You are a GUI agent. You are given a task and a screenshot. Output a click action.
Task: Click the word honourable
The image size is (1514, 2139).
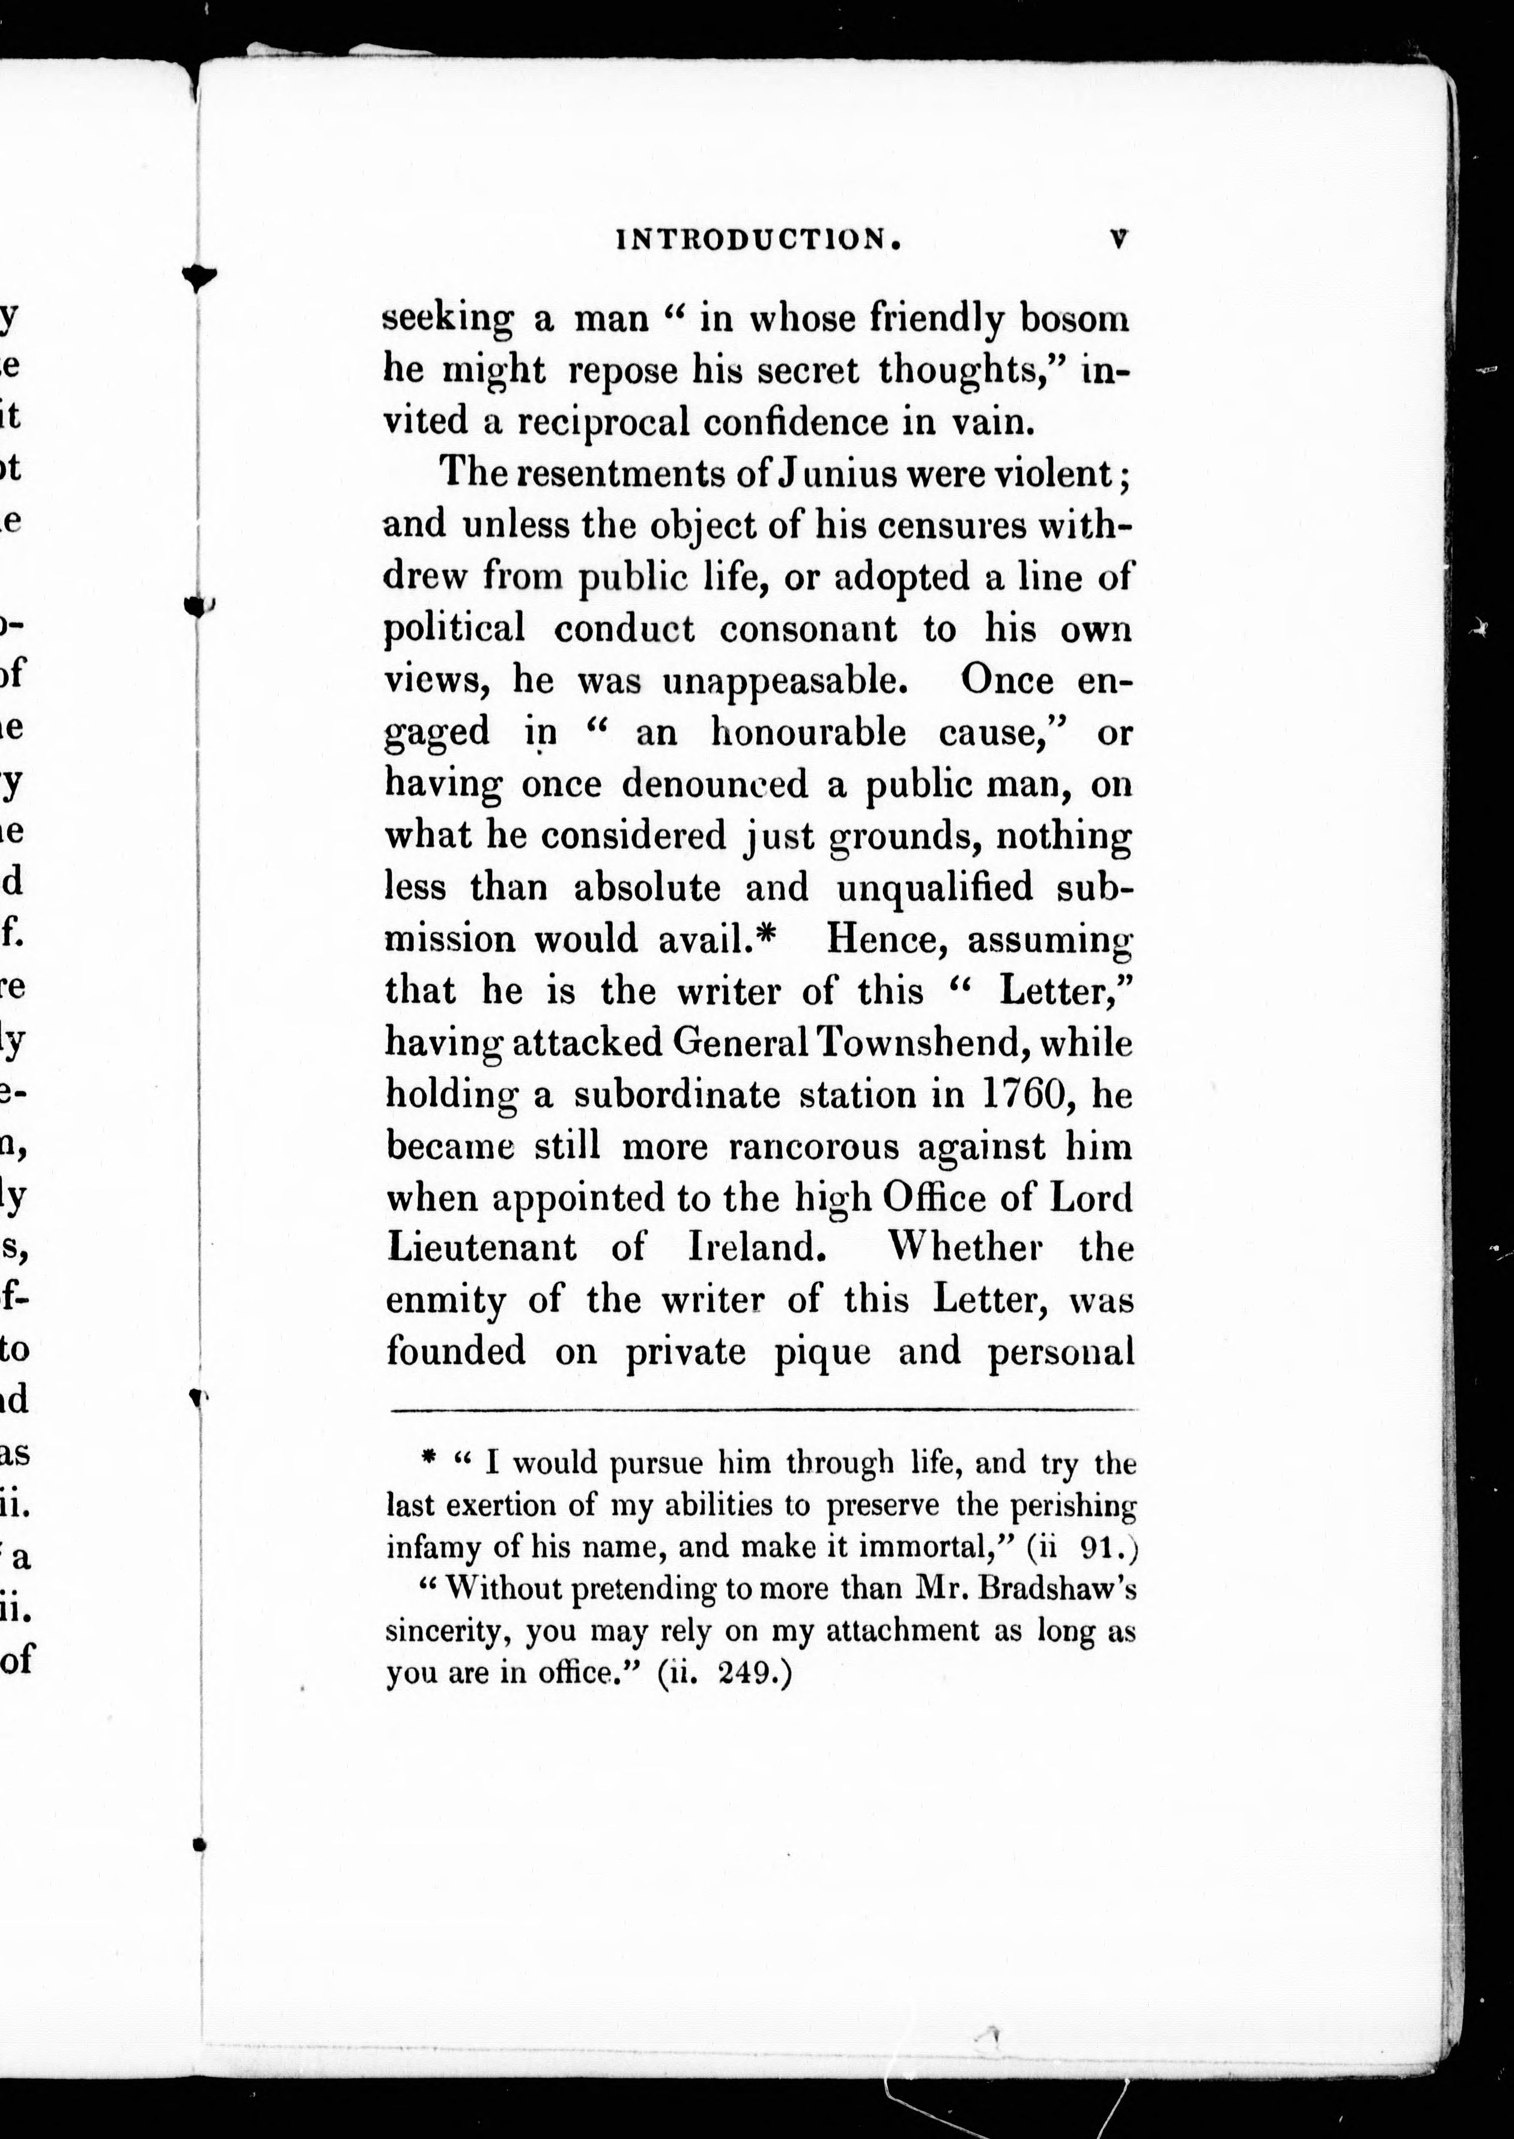point(807,733)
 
